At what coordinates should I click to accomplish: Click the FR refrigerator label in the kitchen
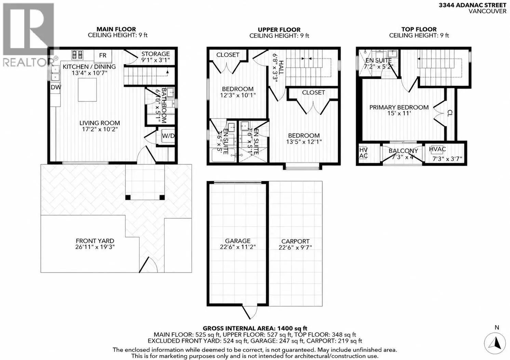point(103,55)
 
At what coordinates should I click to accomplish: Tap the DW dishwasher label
point(56,87)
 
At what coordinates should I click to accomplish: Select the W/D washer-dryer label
point(168,136)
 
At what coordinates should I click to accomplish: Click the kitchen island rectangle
point(87,90)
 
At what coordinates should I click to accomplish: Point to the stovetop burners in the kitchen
point(77,55)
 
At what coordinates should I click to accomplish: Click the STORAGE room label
point(156,54)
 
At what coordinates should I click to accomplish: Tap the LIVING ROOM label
point(99,123)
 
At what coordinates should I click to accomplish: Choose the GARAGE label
point(238,241)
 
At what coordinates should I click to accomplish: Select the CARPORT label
point(295,241)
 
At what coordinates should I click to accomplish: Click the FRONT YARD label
point(95,241)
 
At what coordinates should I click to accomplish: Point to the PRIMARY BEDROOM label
point(399,107)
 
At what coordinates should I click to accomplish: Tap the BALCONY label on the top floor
point(403,151)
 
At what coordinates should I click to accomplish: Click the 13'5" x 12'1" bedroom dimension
point(304,142)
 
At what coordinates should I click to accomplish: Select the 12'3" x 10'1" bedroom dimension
point(238,95)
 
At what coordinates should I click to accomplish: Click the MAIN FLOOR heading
point(116,29)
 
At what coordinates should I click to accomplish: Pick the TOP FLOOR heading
point(419,29)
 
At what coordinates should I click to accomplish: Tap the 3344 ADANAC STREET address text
point(472,5)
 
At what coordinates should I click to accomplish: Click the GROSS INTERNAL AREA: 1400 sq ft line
point(255,328)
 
